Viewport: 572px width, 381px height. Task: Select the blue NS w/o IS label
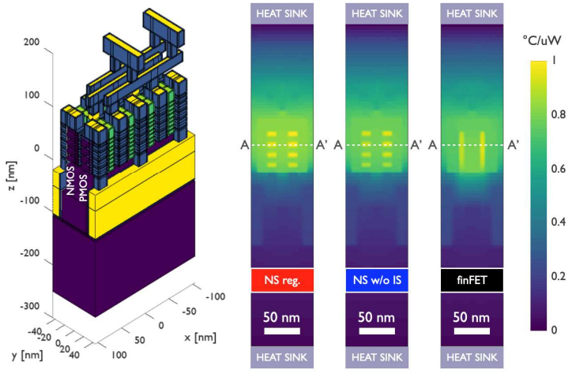point(375,279)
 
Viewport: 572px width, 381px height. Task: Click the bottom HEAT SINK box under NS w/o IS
point(375,357)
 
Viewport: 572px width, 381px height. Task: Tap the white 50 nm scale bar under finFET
point(470,331)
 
